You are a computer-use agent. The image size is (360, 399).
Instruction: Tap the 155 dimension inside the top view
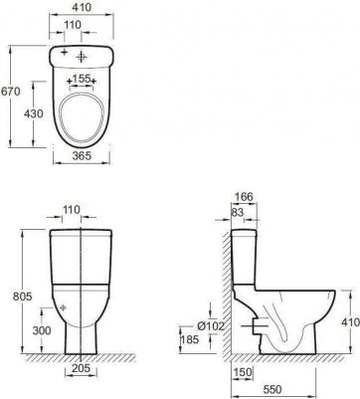(x=84, y=76)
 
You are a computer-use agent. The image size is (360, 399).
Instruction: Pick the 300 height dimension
(x=40, y=331)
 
